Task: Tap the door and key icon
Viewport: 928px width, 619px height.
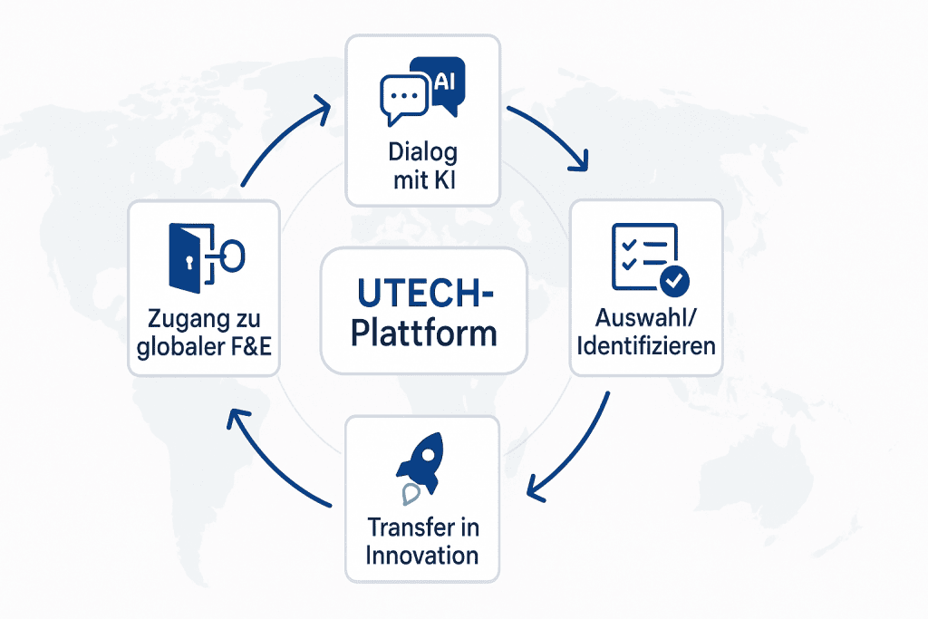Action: (207, 257)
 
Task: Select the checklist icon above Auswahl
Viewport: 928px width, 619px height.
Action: (650, 259)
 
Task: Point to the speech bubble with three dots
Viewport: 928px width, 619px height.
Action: (403, 100)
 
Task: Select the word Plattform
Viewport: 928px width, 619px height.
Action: (424, 334)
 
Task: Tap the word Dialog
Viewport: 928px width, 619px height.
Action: (423, 152)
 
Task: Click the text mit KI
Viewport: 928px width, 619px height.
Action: (424, 180)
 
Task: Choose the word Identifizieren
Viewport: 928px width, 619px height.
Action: (646, 345)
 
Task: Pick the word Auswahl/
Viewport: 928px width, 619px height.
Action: (645, 318)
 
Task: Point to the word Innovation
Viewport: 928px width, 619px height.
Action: (422, 555)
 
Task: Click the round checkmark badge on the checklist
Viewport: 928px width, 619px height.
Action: (674, 281)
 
